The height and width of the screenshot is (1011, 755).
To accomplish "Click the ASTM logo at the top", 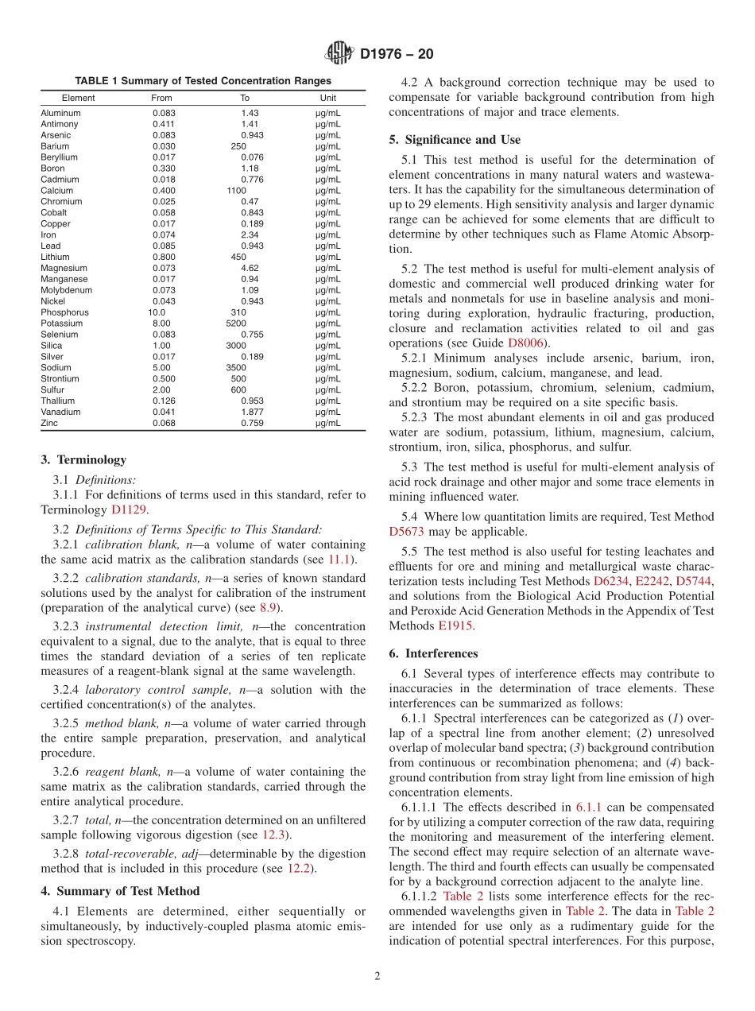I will (x=340, y=54).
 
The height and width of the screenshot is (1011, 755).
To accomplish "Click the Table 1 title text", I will (x=203, y=81).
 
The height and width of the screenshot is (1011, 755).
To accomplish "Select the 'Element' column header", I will (x=78, y=98).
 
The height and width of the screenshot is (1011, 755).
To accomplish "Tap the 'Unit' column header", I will (x=328, y=98).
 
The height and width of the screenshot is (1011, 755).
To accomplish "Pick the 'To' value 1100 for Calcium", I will (x=237, y=191).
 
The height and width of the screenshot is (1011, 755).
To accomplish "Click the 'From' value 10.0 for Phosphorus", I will (x=157, y=312).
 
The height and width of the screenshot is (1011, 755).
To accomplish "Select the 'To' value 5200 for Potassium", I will (x=237, y=323).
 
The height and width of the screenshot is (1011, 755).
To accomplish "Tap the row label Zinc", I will (x=49, y=423).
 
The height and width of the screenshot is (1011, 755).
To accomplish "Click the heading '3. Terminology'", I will (x=83, y=459).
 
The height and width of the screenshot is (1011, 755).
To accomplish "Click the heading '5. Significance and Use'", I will (x=455, y=140).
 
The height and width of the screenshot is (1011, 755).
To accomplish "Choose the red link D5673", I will (x=407, y=532).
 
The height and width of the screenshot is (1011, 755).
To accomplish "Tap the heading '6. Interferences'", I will (x=433, y=653).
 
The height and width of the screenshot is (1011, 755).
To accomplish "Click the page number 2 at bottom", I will (x=377, y=977).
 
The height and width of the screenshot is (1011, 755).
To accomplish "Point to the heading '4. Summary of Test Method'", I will (x=120, y=891).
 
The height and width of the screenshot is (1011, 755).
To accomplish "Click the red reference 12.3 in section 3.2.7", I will (x=275, y=835).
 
